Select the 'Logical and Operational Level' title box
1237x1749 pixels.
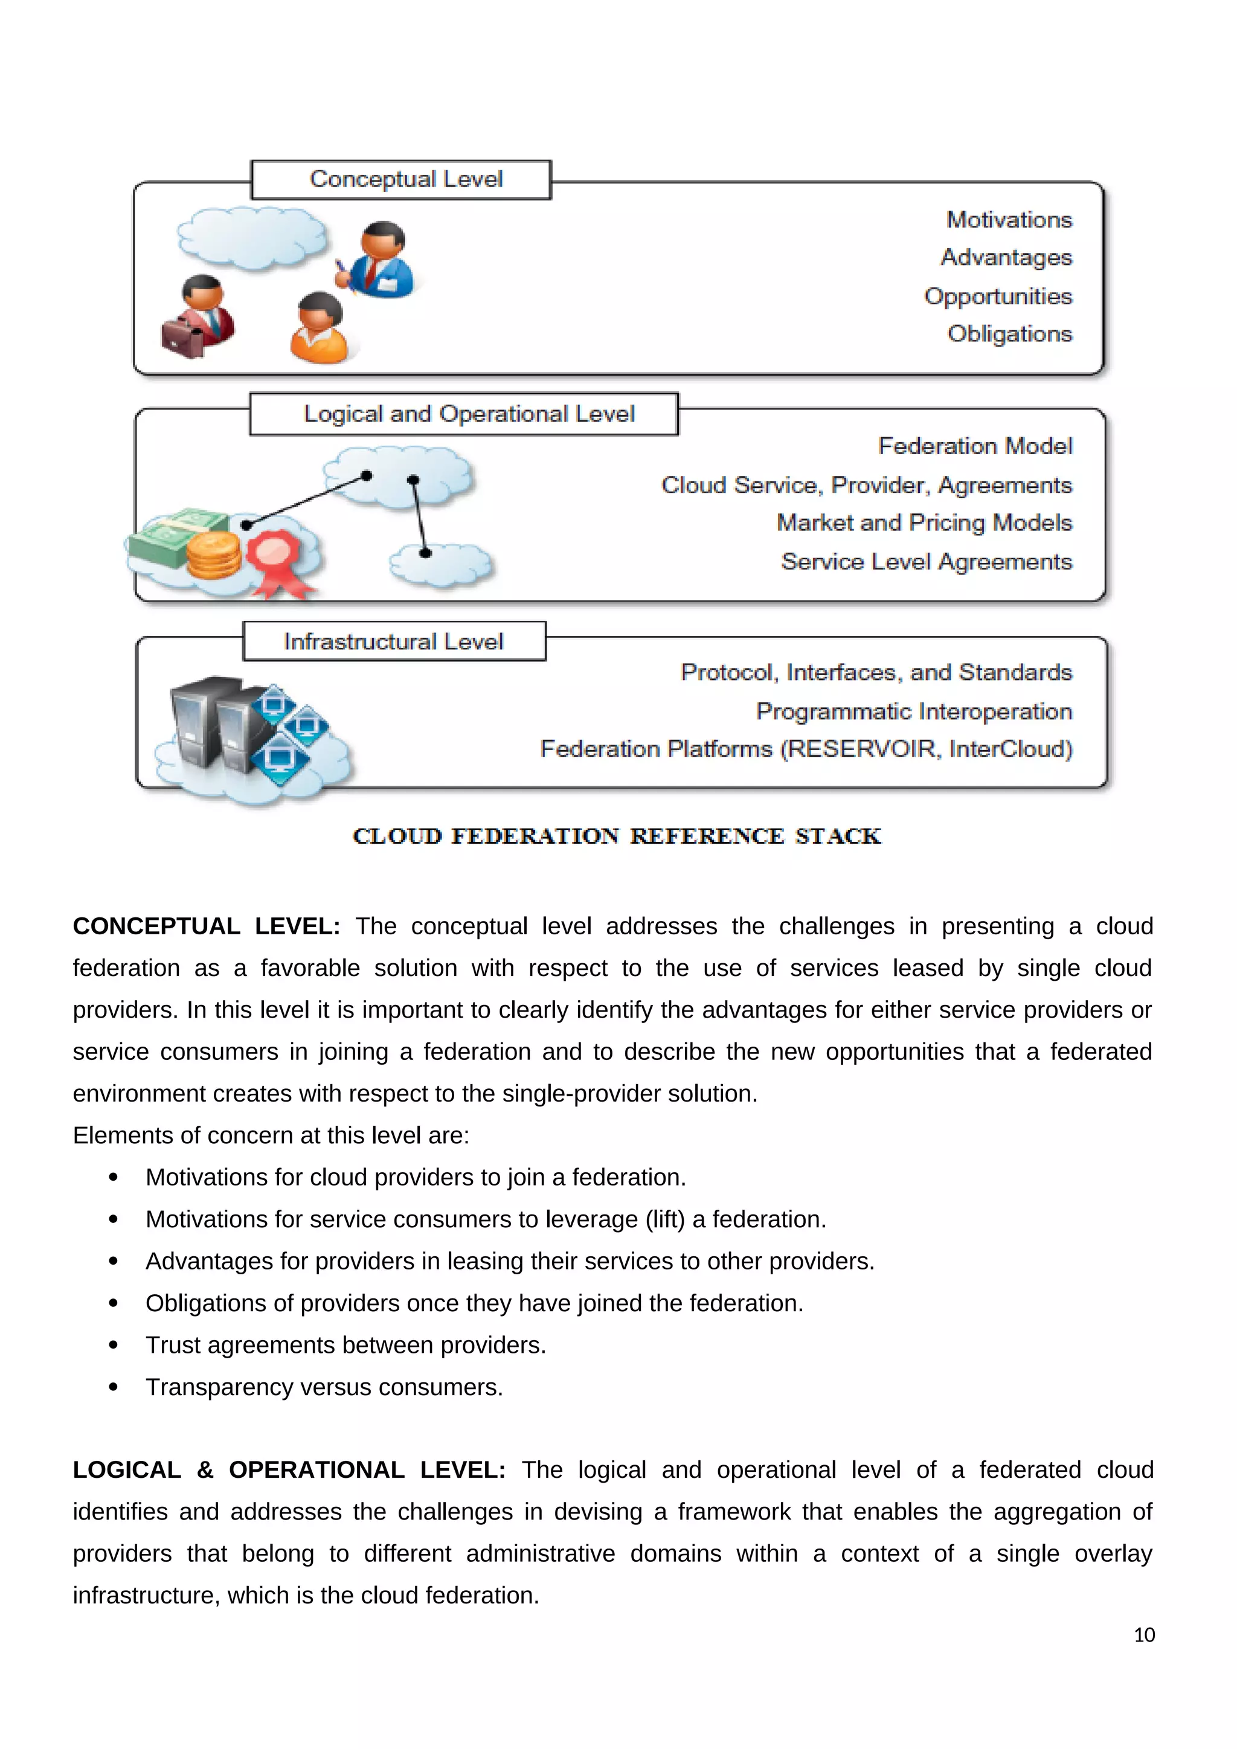coord(463,414)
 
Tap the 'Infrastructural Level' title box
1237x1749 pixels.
coord(394,641)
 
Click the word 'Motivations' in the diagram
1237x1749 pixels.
coord(1009,220)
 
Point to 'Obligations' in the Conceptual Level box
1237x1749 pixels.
coord(1009,333)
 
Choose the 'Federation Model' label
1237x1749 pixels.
coord(975,446)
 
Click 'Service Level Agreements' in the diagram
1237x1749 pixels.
coord(926,562)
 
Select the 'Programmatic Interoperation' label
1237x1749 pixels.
coord(913,711)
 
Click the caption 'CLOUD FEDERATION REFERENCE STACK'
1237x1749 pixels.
coord(616,836)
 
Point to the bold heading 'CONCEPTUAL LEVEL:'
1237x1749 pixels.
coord(205,926)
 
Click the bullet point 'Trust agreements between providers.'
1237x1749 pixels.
coord(346,1345)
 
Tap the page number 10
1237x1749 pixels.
coord(1143,1635)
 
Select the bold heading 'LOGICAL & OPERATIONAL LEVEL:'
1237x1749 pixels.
coord(289,1470)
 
